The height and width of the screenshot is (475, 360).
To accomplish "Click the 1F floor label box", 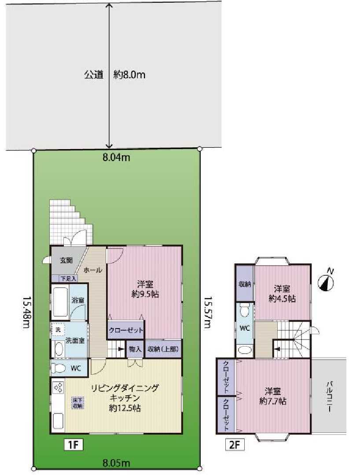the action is (x=73, y=445).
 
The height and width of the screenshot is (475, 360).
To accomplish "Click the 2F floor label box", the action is (x=235, y=445).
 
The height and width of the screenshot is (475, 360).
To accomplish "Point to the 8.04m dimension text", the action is (x=116, y=157).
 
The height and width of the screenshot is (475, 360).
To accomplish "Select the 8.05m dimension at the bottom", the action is (x=116, y=463).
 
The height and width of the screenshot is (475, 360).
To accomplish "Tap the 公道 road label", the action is (x=94, y=75).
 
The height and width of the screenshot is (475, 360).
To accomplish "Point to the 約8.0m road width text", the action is (x=129, y=75).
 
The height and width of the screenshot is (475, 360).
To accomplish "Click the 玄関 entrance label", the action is (x=66, y=260).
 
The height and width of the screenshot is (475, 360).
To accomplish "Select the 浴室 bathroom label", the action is (x=78, y=300).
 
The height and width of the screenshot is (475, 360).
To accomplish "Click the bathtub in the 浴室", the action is (x=60, y=302).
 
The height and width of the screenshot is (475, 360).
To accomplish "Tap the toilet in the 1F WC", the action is (x=58, y=368).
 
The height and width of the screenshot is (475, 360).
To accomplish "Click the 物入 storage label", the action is (x=135, y=349).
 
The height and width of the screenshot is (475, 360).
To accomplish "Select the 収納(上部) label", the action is (x=163, y=349).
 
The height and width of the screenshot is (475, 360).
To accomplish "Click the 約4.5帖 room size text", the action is (x=282, y=299).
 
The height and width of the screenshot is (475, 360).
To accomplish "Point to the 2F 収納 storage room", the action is (x=245, y=284).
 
